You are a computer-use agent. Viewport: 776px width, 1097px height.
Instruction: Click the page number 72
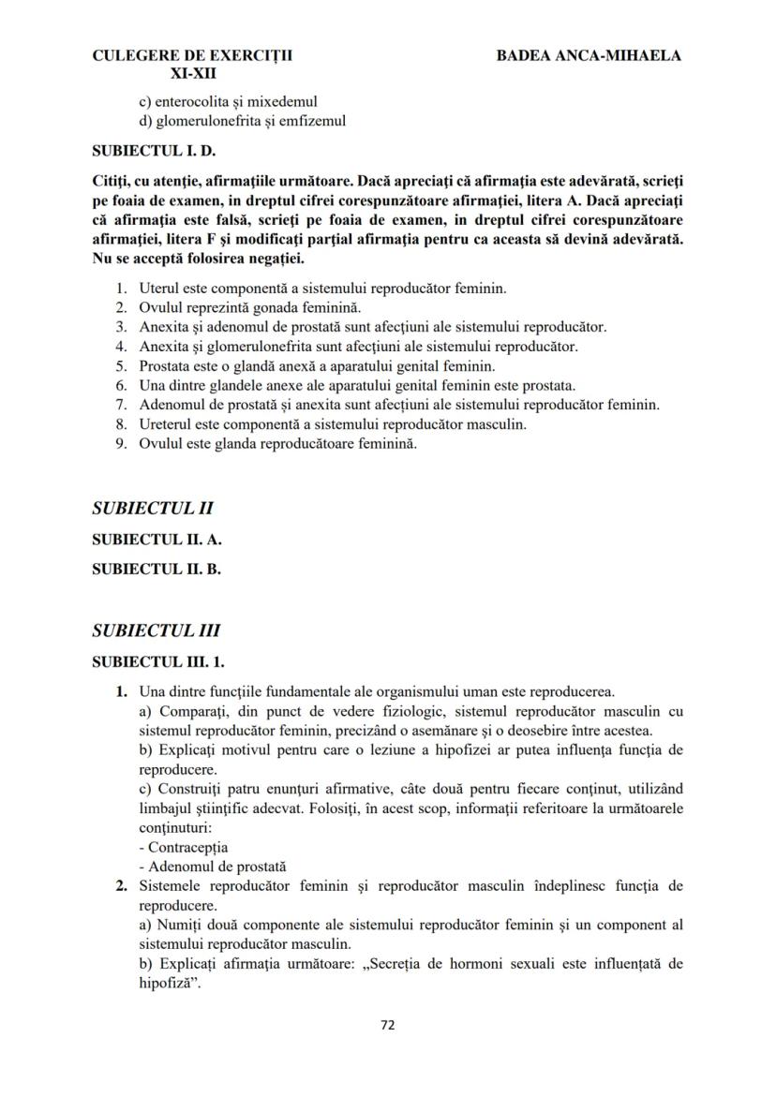[x=387, y=1025]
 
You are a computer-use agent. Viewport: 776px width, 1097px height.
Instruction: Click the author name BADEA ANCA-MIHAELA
[x=589, y=55]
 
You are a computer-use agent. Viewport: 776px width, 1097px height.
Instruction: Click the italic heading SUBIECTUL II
[x=153, y=509]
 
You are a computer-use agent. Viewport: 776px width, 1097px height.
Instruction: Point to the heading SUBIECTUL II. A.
[x=157, y=540]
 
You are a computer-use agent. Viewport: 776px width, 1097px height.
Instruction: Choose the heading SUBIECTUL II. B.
[x=157, y=568]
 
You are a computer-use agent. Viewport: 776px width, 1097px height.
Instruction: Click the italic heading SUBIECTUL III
[x=157, y=630]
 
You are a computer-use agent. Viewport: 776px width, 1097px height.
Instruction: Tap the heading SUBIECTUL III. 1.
[x=158, y=661]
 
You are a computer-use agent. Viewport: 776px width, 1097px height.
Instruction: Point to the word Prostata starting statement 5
[x=165, y=365]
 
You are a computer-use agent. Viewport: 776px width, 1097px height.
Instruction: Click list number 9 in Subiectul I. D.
[x=122, y=444]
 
